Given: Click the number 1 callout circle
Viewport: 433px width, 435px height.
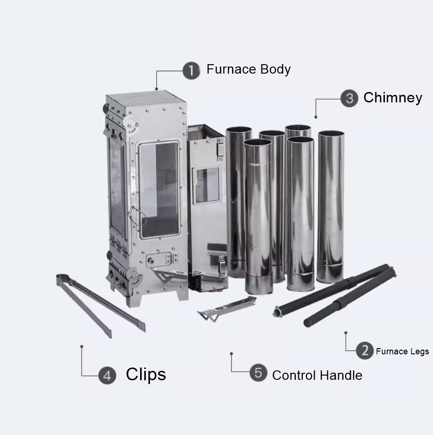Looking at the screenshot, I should point(191,71).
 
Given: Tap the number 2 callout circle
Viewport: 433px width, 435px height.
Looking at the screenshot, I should point(365,350).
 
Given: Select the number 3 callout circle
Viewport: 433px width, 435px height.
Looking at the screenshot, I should point(349,98).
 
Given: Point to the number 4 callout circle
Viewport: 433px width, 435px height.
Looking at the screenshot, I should point(107,376).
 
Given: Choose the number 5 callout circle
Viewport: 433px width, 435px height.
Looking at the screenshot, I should point(258,372).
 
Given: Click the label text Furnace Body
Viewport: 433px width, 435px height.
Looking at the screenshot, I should point(249,70).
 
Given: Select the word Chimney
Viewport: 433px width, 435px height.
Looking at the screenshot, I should point(392,98).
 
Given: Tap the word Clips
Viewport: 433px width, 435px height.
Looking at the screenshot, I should point(146,375).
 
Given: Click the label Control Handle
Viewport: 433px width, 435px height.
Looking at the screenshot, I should point(317,376).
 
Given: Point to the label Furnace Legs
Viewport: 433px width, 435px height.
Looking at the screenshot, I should point(402,351).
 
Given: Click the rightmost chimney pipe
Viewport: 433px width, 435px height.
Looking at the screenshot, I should point(330,207).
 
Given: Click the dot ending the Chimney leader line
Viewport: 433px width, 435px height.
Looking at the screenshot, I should point(316,117).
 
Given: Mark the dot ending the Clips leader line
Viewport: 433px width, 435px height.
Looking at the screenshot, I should point(82,346).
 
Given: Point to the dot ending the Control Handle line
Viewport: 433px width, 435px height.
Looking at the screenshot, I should point(231,353).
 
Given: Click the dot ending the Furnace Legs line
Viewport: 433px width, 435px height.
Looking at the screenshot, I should point(346,333).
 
